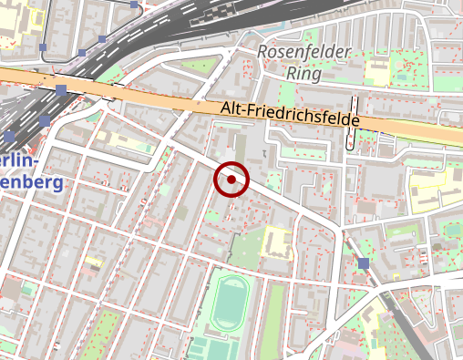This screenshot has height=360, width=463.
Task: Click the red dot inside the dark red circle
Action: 231,180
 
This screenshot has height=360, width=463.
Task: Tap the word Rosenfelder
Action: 304,52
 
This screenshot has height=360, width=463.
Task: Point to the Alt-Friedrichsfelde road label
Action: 290,114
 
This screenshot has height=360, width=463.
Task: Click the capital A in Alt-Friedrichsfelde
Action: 225,107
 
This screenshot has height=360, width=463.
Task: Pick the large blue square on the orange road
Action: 61,90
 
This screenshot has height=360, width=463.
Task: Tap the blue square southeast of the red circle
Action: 364,263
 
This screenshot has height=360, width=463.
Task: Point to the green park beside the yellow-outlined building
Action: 244,248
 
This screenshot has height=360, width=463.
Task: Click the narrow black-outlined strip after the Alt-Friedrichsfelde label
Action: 351,122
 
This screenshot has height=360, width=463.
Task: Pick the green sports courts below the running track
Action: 205,349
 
